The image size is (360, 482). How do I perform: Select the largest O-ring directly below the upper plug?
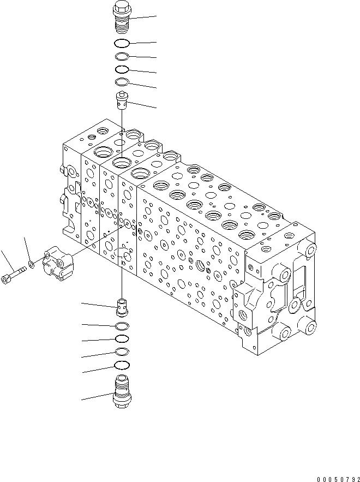122,43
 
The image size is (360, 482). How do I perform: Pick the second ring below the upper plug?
122,56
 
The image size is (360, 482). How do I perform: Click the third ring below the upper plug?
122,69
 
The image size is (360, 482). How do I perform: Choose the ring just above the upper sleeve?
122,82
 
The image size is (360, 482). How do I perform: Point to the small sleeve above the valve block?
122,100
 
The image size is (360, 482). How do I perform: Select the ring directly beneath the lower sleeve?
123,326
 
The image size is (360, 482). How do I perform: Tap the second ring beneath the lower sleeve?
123,339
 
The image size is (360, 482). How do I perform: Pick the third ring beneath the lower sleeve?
123,352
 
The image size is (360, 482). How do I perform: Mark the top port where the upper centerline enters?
122,162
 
